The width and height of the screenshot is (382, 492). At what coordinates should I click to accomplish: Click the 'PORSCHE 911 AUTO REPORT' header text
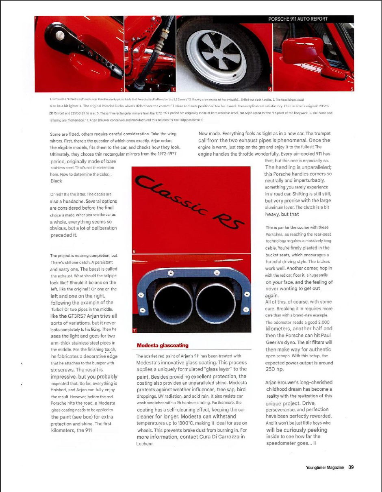click(298, 19)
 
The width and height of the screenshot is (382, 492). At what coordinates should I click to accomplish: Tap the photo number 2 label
click(121, 89)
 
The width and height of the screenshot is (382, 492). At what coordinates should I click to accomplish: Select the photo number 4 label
click(270, 89)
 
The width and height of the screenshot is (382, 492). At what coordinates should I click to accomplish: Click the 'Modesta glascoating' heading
click(163, 345)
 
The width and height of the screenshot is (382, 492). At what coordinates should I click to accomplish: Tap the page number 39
click(351, 467)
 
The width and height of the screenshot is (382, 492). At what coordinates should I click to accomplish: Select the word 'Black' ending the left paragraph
click(56, 181)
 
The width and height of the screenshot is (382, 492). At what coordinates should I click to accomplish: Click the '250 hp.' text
click(276, 369)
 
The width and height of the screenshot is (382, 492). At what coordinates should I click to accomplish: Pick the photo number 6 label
click(135, 251)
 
